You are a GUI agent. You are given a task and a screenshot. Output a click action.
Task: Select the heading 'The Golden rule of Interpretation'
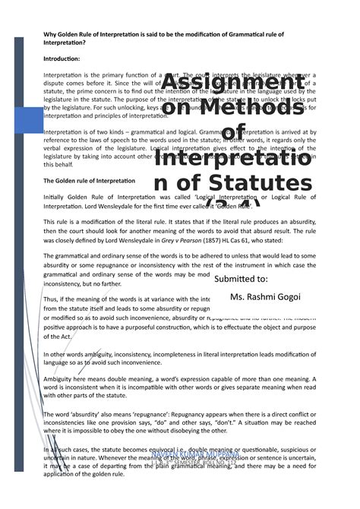click(89, 181)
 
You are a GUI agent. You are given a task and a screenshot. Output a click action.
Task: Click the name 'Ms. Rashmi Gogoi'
click(265, 296)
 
